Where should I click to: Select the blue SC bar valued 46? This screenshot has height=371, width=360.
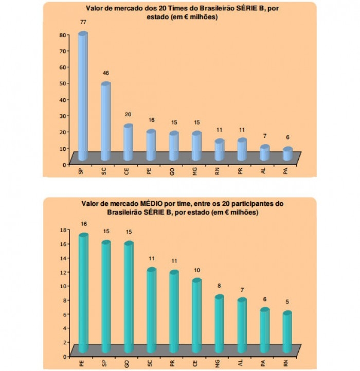(x=105, y=121)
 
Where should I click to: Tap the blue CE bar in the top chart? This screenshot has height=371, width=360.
(x=128, y=142)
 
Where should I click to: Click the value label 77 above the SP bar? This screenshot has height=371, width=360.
(x=82, y=23)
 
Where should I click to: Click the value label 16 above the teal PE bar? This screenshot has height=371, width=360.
(x=83, y=224)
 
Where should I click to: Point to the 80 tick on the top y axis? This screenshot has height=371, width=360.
(x=63, y=35)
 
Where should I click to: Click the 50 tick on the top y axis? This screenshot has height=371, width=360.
(x=63, y=83)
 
